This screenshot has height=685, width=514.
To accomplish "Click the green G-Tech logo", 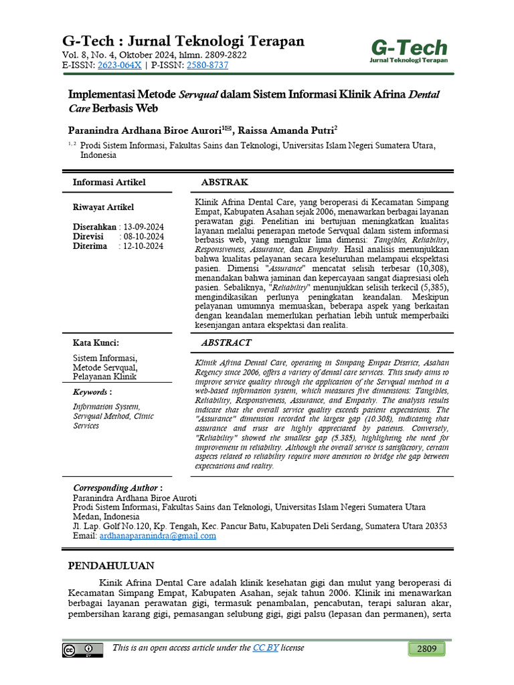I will pyautogui.click(x=409, y=50).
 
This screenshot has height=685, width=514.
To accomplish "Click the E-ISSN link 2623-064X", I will pyautogui.click(x=119, y=65).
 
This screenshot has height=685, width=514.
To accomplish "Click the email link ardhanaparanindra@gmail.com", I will pyautogui.click(x=157, y=535).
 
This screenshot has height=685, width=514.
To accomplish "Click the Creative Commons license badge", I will pyautogui.click(x=83, y=650).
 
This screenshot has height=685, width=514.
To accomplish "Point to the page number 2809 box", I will pyautogui.click(x=426, y=649).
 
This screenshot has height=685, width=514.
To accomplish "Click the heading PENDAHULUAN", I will pyautogui.click(x=111, y=565).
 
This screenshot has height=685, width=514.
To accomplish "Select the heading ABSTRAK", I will pyautogui.click(x=224, y=182).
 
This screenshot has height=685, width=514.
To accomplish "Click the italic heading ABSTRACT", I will pyautogui.click(x=226, y=342).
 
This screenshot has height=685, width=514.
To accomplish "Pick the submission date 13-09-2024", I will pyautogui.click(x=143, y=227).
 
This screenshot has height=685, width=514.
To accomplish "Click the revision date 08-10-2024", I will pyautogui.click(x=143, y=236).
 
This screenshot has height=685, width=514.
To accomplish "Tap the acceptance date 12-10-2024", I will pyautogui.click(x=143, y=246).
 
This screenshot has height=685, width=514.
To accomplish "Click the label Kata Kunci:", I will pyautogui.click(x=96, y=342).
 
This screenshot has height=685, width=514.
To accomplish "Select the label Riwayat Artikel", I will pyautogui.click(x=103, y=207).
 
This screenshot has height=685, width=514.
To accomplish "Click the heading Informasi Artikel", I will pyautogui.click(x=108, y=182).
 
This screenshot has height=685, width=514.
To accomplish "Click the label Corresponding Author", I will pyautogui.click(x=115, y=488).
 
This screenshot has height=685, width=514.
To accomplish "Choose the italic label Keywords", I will pyautogui.click(x=90, y=391).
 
